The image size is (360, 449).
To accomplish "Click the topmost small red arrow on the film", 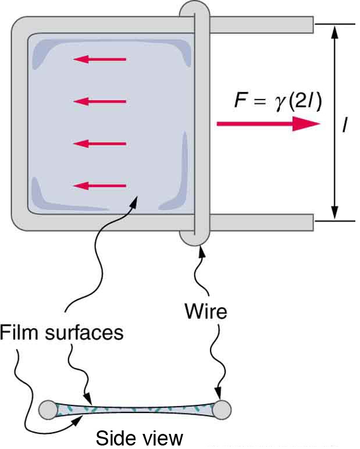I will click(x=99, y=59).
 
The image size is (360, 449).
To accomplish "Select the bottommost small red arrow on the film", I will click(x=99, y=186).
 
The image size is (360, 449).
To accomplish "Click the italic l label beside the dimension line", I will click(x=346, y=124).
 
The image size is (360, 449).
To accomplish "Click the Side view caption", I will click(x=139, y=437).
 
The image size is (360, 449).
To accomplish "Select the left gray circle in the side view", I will click(x=48, y=409).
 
